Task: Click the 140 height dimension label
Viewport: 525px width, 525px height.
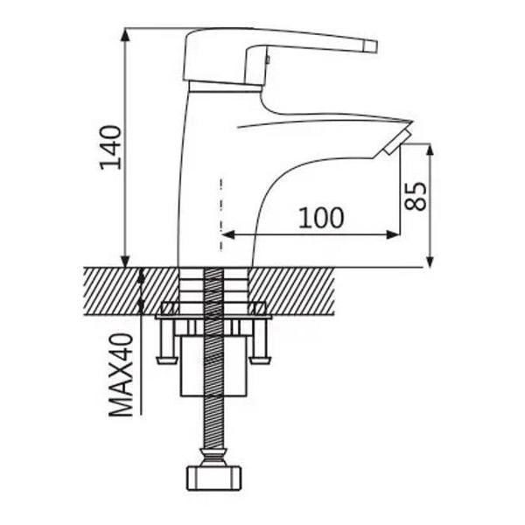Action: pos(110,148)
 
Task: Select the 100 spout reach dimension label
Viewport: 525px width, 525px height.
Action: pos(321,218)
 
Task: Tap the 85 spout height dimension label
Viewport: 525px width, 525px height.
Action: pos(416,196)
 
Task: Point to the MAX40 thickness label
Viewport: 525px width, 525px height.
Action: pos(121,374)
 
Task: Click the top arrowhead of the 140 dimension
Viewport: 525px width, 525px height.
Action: pos(125,35)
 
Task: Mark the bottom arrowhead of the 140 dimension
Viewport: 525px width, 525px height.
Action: pos(125,261)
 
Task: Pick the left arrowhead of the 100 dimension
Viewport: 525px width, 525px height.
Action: pos(227,234)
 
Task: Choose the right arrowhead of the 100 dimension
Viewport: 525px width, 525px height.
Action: pos(393,234)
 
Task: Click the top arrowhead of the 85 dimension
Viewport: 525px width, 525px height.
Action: pos(430,150)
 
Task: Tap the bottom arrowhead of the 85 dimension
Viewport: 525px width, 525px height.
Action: pos(430,261)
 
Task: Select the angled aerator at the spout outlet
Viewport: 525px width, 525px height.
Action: pos(397,142)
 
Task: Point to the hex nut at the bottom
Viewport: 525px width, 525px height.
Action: pos(213,478)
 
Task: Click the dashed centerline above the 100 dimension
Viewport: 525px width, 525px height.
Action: pos(221,214)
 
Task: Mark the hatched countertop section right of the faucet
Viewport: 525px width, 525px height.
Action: pos(291,291)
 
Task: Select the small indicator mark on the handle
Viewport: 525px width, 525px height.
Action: pos(268,59)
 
